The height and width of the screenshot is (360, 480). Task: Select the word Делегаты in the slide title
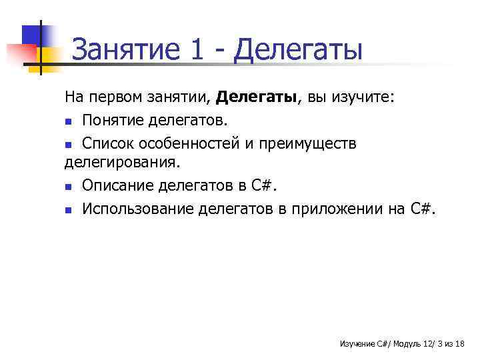point(299,49)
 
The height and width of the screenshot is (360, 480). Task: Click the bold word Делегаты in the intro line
point(257,98)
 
